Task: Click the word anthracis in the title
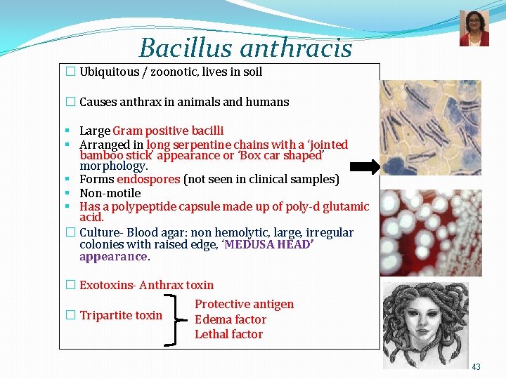[x=296, y=48]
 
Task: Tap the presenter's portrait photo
[x=474, y=29]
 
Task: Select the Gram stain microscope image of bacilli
[x=431, y=128]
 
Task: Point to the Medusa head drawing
[x=426, y=324]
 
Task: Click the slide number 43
[x=476, y=367]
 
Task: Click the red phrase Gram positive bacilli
[x=168, y=131]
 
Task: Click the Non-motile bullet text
[x=110, y=193]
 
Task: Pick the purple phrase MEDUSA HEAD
[x=268, y=244]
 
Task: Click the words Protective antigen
[x=244, y=304]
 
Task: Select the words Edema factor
[x=231, y=319]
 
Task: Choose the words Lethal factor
[x=228, y=334]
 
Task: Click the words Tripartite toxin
[x=120, y=315]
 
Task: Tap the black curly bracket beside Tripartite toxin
[x=173, y=319]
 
